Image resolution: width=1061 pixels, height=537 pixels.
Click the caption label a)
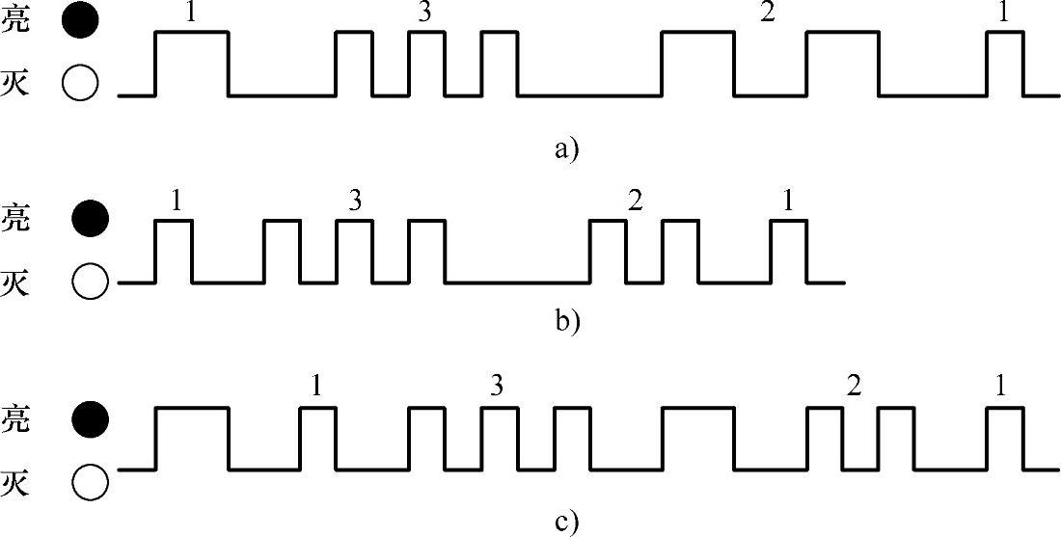pyautogui.click(x=566, y=148)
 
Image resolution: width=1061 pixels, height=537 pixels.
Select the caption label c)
pyautogui.click(x=566, y=523)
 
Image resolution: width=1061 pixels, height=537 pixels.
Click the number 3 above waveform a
pyautogui.click(x=425, y=13)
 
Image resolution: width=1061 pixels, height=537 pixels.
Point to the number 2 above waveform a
pyautogui.click(x=768, y=13)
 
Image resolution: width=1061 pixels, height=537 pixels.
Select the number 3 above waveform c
pyautogui.click(x=497, y=387)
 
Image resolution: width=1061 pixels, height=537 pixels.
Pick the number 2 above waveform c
pyautogui.click(x=853, y=387)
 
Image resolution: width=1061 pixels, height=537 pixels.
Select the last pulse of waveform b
pyautogui.click(x=789, y=252)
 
